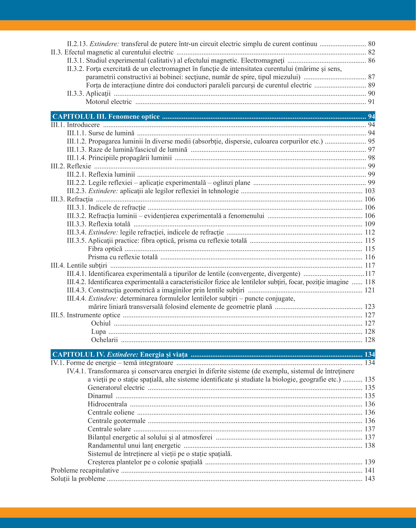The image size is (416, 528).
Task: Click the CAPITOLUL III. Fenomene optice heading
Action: pos(106,117)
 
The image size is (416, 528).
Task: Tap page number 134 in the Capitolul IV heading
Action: pos(370,354)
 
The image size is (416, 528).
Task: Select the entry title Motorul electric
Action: pos(109,102)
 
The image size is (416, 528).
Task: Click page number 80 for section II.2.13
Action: pos(371,44)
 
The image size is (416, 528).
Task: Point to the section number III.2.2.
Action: pos(77,183)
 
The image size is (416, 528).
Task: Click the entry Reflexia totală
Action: pos(109,224)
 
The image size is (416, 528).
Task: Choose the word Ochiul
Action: pos(101,323)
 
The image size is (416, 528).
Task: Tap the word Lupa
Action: pos(98,332)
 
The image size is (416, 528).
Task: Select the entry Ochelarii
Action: pos(104,340)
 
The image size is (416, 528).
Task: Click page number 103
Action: pos(370,191)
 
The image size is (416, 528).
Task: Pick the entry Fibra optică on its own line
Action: pos(105,249)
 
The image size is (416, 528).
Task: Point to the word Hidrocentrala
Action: pos(107,404)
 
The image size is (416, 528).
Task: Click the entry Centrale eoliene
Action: pos(111,412)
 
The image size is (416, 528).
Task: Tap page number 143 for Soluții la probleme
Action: pos(370,479)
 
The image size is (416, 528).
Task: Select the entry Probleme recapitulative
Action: pos(85,471)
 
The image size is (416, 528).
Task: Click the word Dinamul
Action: pos(100,396)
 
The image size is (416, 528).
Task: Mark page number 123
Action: pos(370,307)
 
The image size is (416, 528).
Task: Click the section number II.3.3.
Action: pos(75,94)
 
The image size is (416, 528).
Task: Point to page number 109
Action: pos(370,224)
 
